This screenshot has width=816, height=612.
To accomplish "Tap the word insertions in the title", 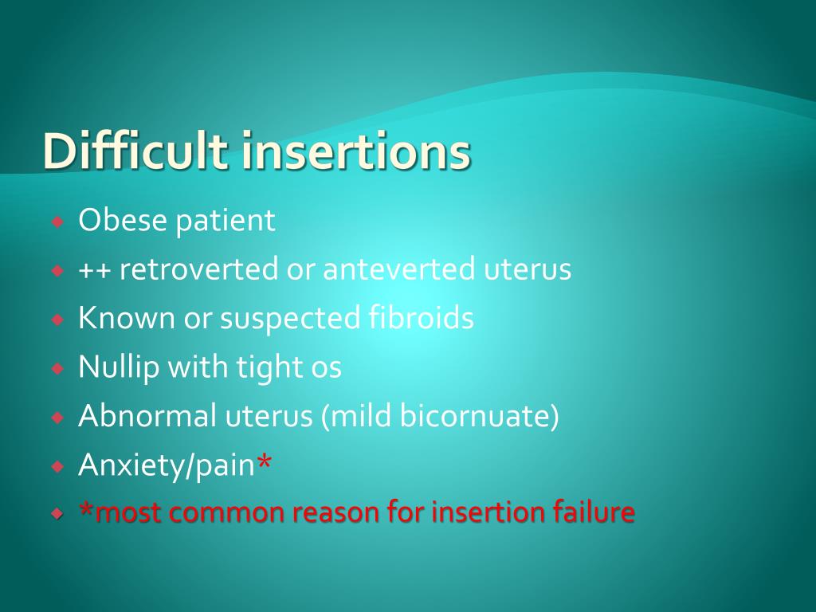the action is (356, 151).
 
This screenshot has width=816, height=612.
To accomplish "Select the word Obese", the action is (122, 220).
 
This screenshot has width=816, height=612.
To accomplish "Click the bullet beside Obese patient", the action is (57, 222).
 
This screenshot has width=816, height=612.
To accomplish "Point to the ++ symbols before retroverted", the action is (94, 270).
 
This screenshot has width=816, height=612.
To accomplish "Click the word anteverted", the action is (399, 269).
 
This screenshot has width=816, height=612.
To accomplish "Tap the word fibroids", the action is (421, 317).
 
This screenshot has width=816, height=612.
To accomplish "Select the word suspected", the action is (290, 319).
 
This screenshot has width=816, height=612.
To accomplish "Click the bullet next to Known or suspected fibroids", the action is (57, 320).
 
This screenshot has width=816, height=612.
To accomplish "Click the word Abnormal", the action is (147, 415).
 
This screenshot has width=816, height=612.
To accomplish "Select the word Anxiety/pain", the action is (167, 465).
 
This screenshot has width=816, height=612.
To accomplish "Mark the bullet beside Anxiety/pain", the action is (57, 466).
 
